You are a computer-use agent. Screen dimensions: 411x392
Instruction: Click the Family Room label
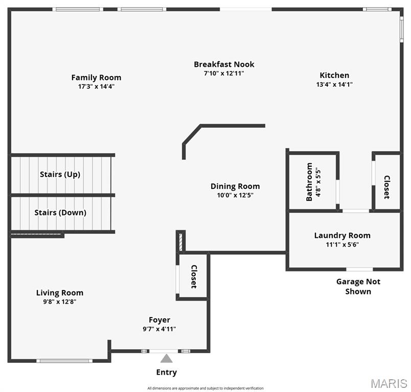tap(96, 78)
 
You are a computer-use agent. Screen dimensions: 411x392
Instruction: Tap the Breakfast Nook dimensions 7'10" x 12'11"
tap(224, 73)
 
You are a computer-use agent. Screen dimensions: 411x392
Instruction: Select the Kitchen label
tap(334, 76)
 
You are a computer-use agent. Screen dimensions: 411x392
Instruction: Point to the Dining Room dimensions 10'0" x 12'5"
tap(235, 195)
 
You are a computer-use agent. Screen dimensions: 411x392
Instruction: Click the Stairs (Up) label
tap(60, 174)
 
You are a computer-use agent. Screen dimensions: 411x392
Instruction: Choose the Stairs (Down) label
tap(60, 212)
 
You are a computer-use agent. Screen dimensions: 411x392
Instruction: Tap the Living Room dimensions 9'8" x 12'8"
tap(60, 302)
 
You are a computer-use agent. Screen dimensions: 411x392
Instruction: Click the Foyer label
tap(159, 320)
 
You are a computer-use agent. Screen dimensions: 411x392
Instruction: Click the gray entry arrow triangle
tap(167, 358)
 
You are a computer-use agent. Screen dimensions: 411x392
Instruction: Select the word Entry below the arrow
tap(167, 373)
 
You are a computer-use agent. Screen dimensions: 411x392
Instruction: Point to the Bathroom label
tap(309, 182)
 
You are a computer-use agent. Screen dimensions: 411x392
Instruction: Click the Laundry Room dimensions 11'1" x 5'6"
tap(342, 244)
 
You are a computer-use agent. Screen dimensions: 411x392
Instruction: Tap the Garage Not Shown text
tap(358, 286)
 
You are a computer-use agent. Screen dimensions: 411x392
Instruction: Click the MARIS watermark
tap(389, 384)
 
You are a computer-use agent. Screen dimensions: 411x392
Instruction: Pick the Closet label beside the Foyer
tap(194, 277)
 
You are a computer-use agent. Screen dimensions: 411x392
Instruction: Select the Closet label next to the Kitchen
tap(387, 187)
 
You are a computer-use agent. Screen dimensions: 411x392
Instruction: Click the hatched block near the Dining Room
tap(180, 242)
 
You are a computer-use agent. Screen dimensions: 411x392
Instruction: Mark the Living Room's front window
tap(64, 361)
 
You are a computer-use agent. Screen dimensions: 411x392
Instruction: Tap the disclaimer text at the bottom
tap(205, 388)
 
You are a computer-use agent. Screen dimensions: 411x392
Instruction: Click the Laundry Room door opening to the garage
tap(360, 269)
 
